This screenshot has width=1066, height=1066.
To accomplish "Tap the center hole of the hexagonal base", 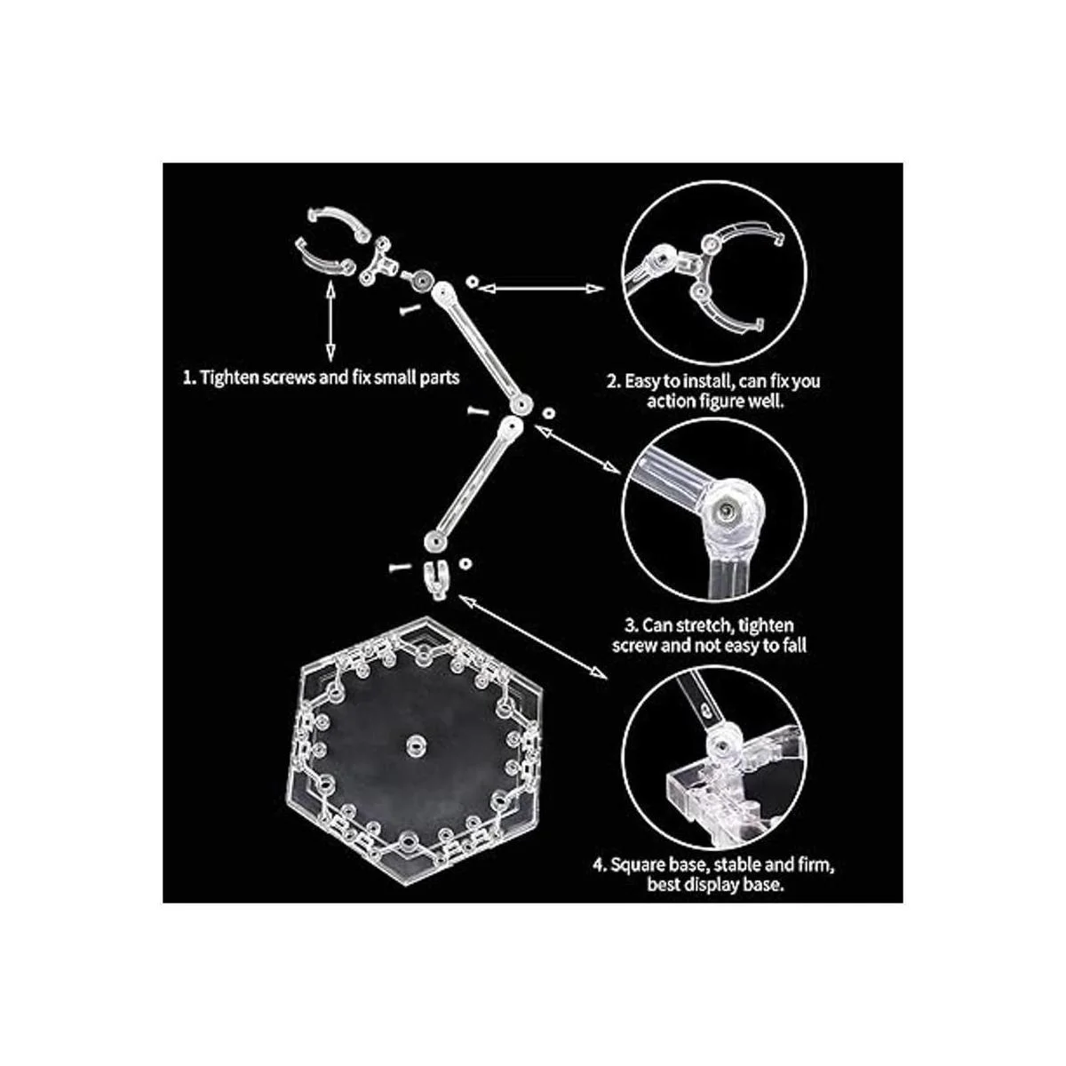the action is pos(415,744).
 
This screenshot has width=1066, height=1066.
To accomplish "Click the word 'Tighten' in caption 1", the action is pos(228,378).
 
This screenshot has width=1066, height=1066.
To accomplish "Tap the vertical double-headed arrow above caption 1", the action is pos(330,322).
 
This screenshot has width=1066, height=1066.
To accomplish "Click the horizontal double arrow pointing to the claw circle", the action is pos(540,288).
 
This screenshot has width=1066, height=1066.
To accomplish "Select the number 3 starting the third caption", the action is pos(630,626).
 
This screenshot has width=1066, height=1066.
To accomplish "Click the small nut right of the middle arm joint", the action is pos(548,413).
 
